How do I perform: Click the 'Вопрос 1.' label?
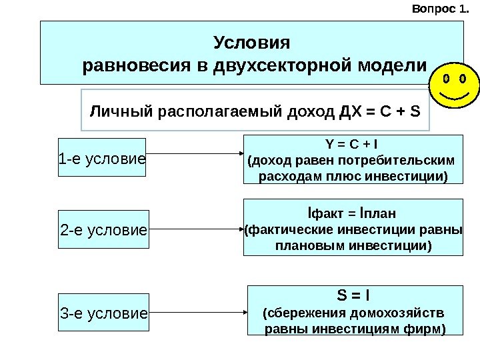pos(441,9)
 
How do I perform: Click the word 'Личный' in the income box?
pos(113,109)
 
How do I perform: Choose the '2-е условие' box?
pos(103,231)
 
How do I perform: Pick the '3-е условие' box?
pos(103,312)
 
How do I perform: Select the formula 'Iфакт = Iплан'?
pos(352,214)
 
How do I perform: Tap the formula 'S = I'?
pos(353,295)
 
